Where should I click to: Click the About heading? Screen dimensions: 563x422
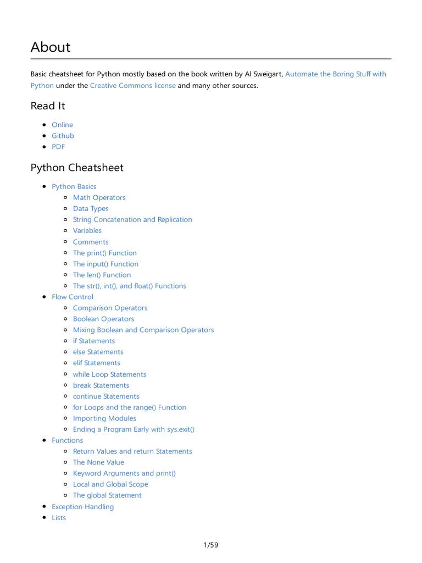51,47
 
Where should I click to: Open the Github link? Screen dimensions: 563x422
63,136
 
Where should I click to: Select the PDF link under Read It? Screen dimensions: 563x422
58,147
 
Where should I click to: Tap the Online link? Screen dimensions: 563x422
62,125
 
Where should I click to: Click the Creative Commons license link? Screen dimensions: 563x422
132,86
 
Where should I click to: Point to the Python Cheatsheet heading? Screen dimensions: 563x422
77,168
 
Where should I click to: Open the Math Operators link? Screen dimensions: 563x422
99,197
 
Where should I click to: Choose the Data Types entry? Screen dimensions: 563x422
91,208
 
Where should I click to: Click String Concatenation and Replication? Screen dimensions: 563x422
132,219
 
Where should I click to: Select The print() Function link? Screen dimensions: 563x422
104,253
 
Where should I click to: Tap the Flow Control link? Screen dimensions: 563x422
73,297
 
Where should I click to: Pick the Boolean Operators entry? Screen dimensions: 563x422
103,319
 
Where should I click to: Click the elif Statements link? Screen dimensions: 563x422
96,363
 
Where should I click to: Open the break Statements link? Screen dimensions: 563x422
101,385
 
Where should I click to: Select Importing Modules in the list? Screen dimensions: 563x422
104,418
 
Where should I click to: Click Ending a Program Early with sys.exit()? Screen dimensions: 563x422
134,429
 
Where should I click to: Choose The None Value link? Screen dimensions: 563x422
98,462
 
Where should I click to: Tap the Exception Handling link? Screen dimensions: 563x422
82,507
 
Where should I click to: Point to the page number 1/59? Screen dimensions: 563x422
210,545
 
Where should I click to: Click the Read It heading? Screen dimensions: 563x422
48,106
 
